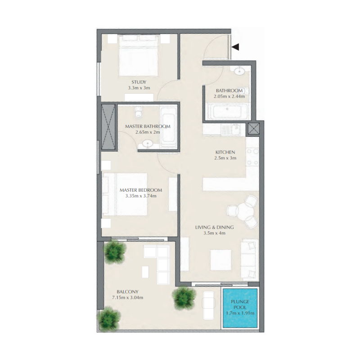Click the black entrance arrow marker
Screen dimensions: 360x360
tap(235, 46)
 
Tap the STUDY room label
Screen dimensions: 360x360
tap(139, 82)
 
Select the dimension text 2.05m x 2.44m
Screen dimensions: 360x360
tap(229, 96)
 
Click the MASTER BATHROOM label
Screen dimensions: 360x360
tap(148, 126)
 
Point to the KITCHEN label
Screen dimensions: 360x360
tap(225, 152)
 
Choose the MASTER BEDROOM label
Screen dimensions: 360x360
tap(140, 190)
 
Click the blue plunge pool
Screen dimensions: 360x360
tap(240, 308)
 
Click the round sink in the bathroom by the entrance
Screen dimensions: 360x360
tap(238, 71)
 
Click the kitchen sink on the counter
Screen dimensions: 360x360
tap(226, 130)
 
